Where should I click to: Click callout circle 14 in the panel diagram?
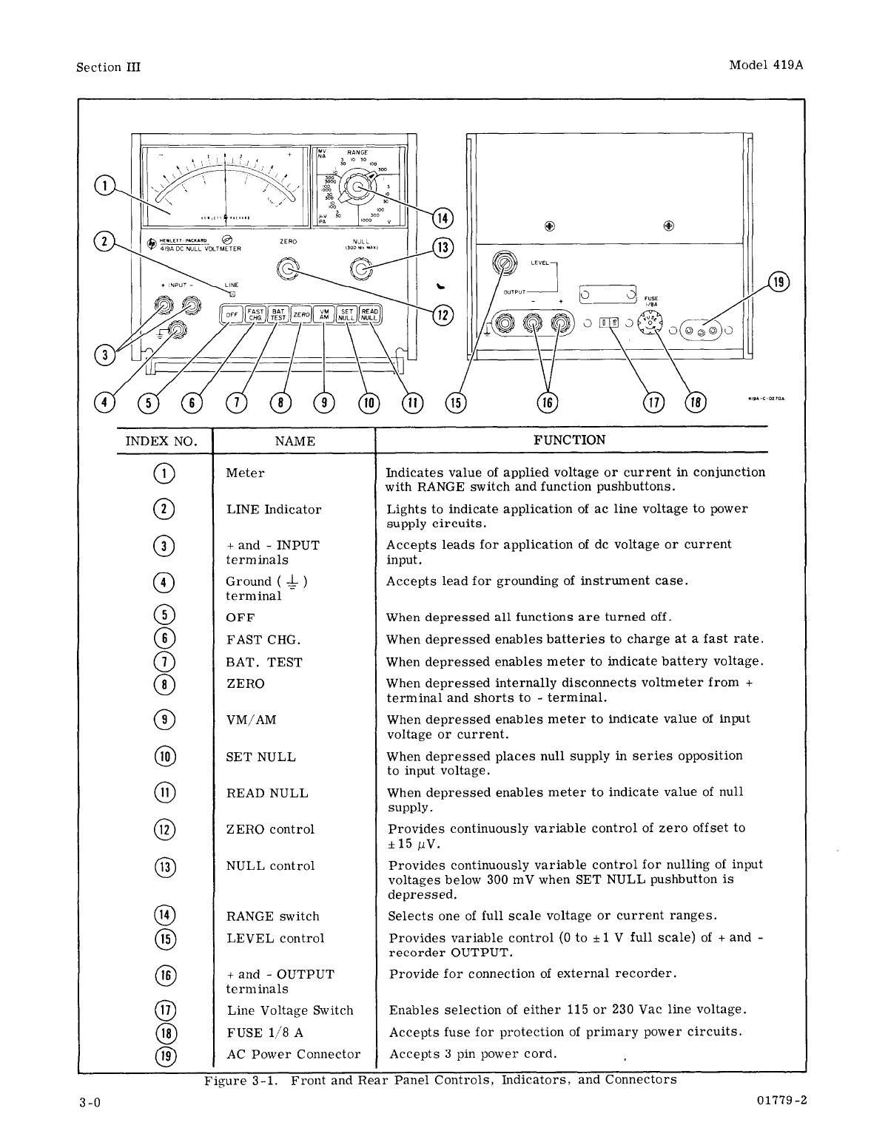click(443, 217)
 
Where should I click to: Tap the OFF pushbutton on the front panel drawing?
click(232, 314)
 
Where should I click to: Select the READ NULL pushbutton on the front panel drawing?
click(369, 314)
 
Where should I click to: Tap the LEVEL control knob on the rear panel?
click(505, 263)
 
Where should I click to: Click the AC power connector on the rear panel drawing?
click(701, 330)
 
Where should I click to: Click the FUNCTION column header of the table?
click(570, 440)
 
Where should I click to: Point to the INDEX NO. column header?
click(161, 442)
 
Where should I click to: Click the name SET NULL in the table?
click(260, 757)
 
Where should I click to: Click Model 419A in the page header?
click(766, 64)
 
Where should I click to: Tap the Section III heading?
click(108, 67)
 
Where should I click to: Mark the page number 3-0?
click(90, 1102)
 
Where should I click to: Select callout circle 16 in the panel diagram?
click(547, 402)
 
